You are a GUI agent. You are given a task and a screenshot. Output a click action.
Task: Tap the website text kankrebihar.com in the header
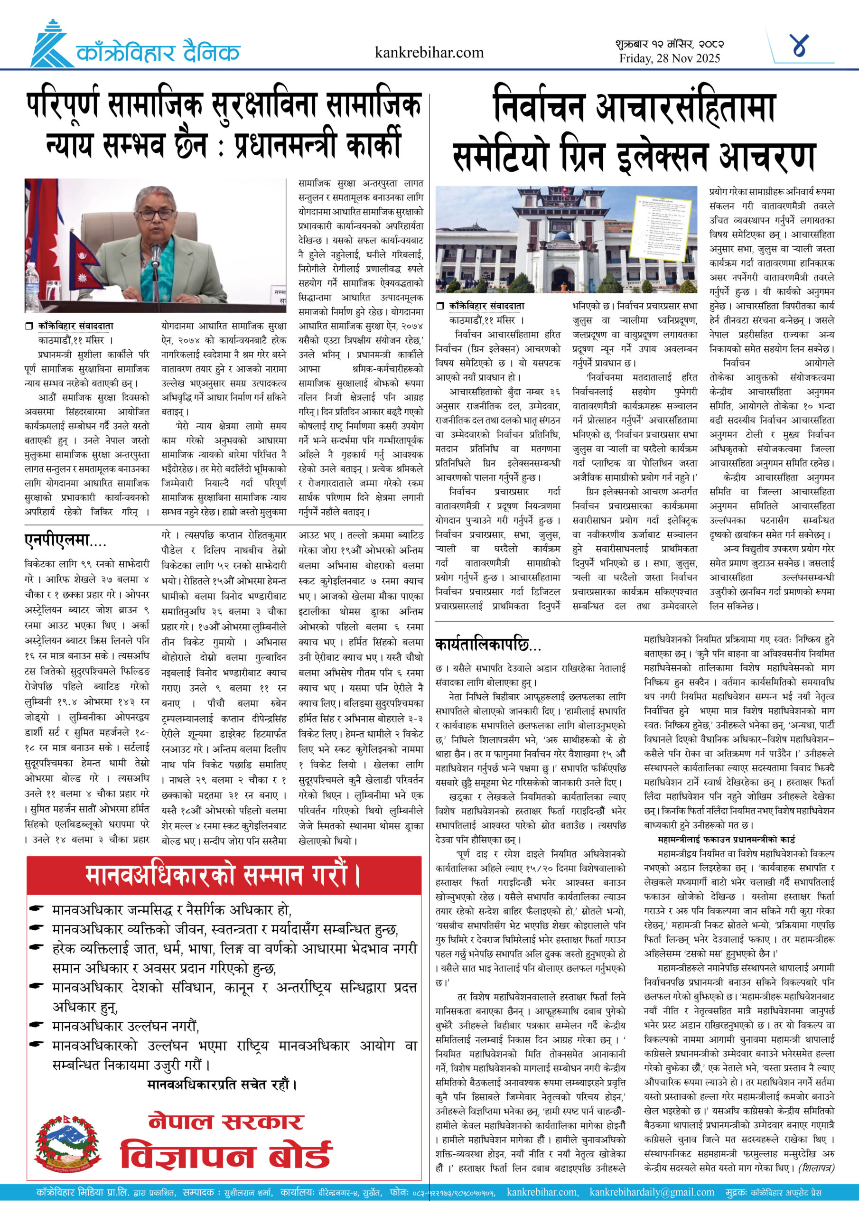[429, 52]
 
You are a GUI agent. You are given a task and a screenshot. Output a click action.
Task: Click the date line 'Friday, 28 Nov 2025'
[670, 59]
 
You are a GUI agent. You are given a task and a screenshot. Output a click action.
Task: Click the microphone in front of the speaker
[156, 254]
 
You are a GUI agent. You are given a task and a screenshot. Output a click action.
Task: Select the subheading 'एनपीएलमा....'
[65, 540]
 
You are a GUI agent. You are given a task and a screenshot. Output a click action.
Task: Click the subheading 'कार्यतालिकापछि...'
[488, 645]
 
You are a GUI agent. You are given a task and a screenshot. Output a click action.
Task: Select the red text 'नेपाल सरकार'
[226, 1122]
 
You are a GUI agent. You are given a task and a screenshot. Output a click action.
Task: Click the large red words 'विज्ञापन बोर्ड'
[226, 1155]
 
